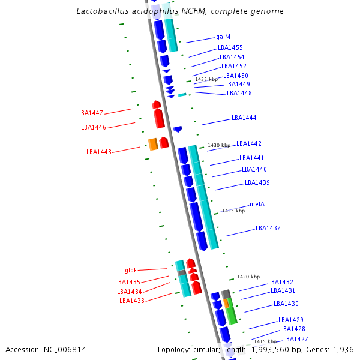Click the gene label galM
223,37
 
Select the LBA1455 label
230,47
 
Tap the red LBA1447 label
91,113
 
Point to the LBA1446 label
94,127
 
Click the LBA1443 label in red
99,152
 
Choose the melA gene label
257,204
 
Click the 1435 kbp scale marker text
206,79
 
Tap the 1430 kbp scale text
219,145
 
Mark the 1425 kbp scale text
233,211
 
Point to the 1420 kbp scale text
248,277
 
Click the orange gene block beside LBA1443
153,144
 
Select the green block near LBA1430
231,315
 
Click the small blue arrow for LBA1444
178,129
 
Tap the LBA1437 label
268,228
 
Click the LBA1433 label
131,301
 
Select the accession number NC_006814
65,349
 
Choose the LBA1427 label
295,339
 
